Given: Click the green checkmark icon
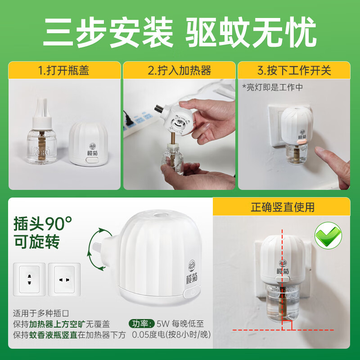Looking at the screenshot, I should click(328, 235).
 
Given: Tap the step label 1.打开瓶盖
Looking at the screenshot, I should click(65, 71).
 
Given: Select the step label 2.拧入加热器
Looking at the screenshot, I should click(180, 71).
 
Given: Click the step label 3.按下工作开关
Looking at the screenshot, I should click(294, 71).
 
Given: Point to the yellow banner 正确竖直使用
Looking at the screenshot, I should click(283, 207).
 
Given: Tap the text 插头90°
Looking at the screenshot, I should click(43, 222).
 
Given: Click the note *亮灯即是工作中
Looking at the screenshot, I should click(272, 87).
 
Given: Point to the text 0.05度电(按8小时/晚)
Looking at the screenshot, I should click(171, 335).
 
